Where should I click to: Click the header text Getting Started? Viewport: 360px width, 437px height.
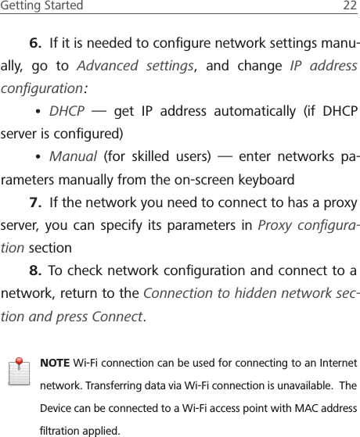(x=41, y=6)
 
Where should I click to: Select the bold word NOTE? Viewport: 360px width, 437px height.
(x=54, y=364)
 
